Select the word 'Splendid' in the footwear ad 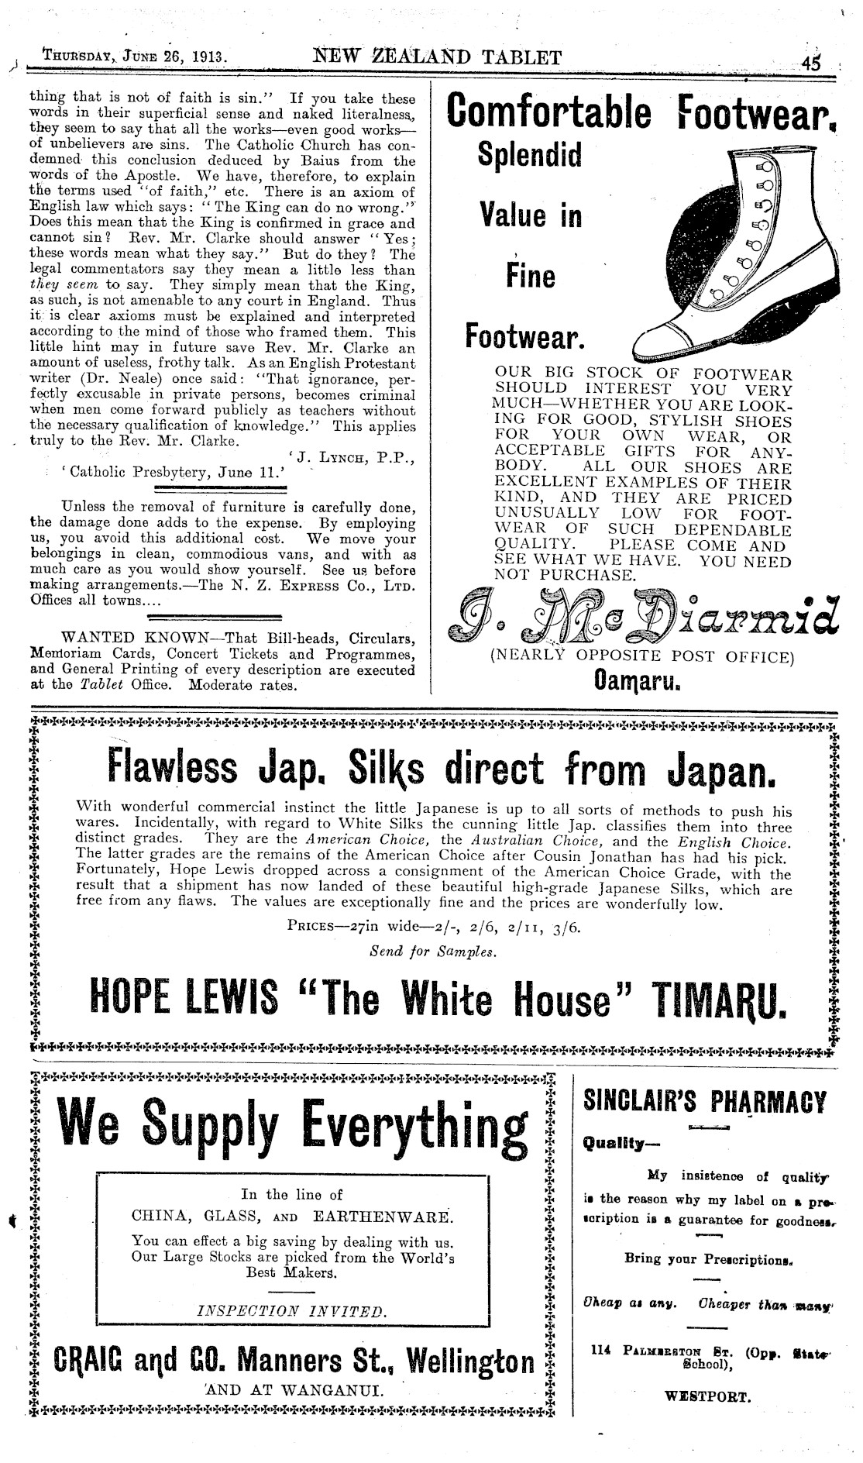coord(530,156)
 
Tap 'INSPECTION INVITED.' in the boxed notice coord(291,1311)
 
